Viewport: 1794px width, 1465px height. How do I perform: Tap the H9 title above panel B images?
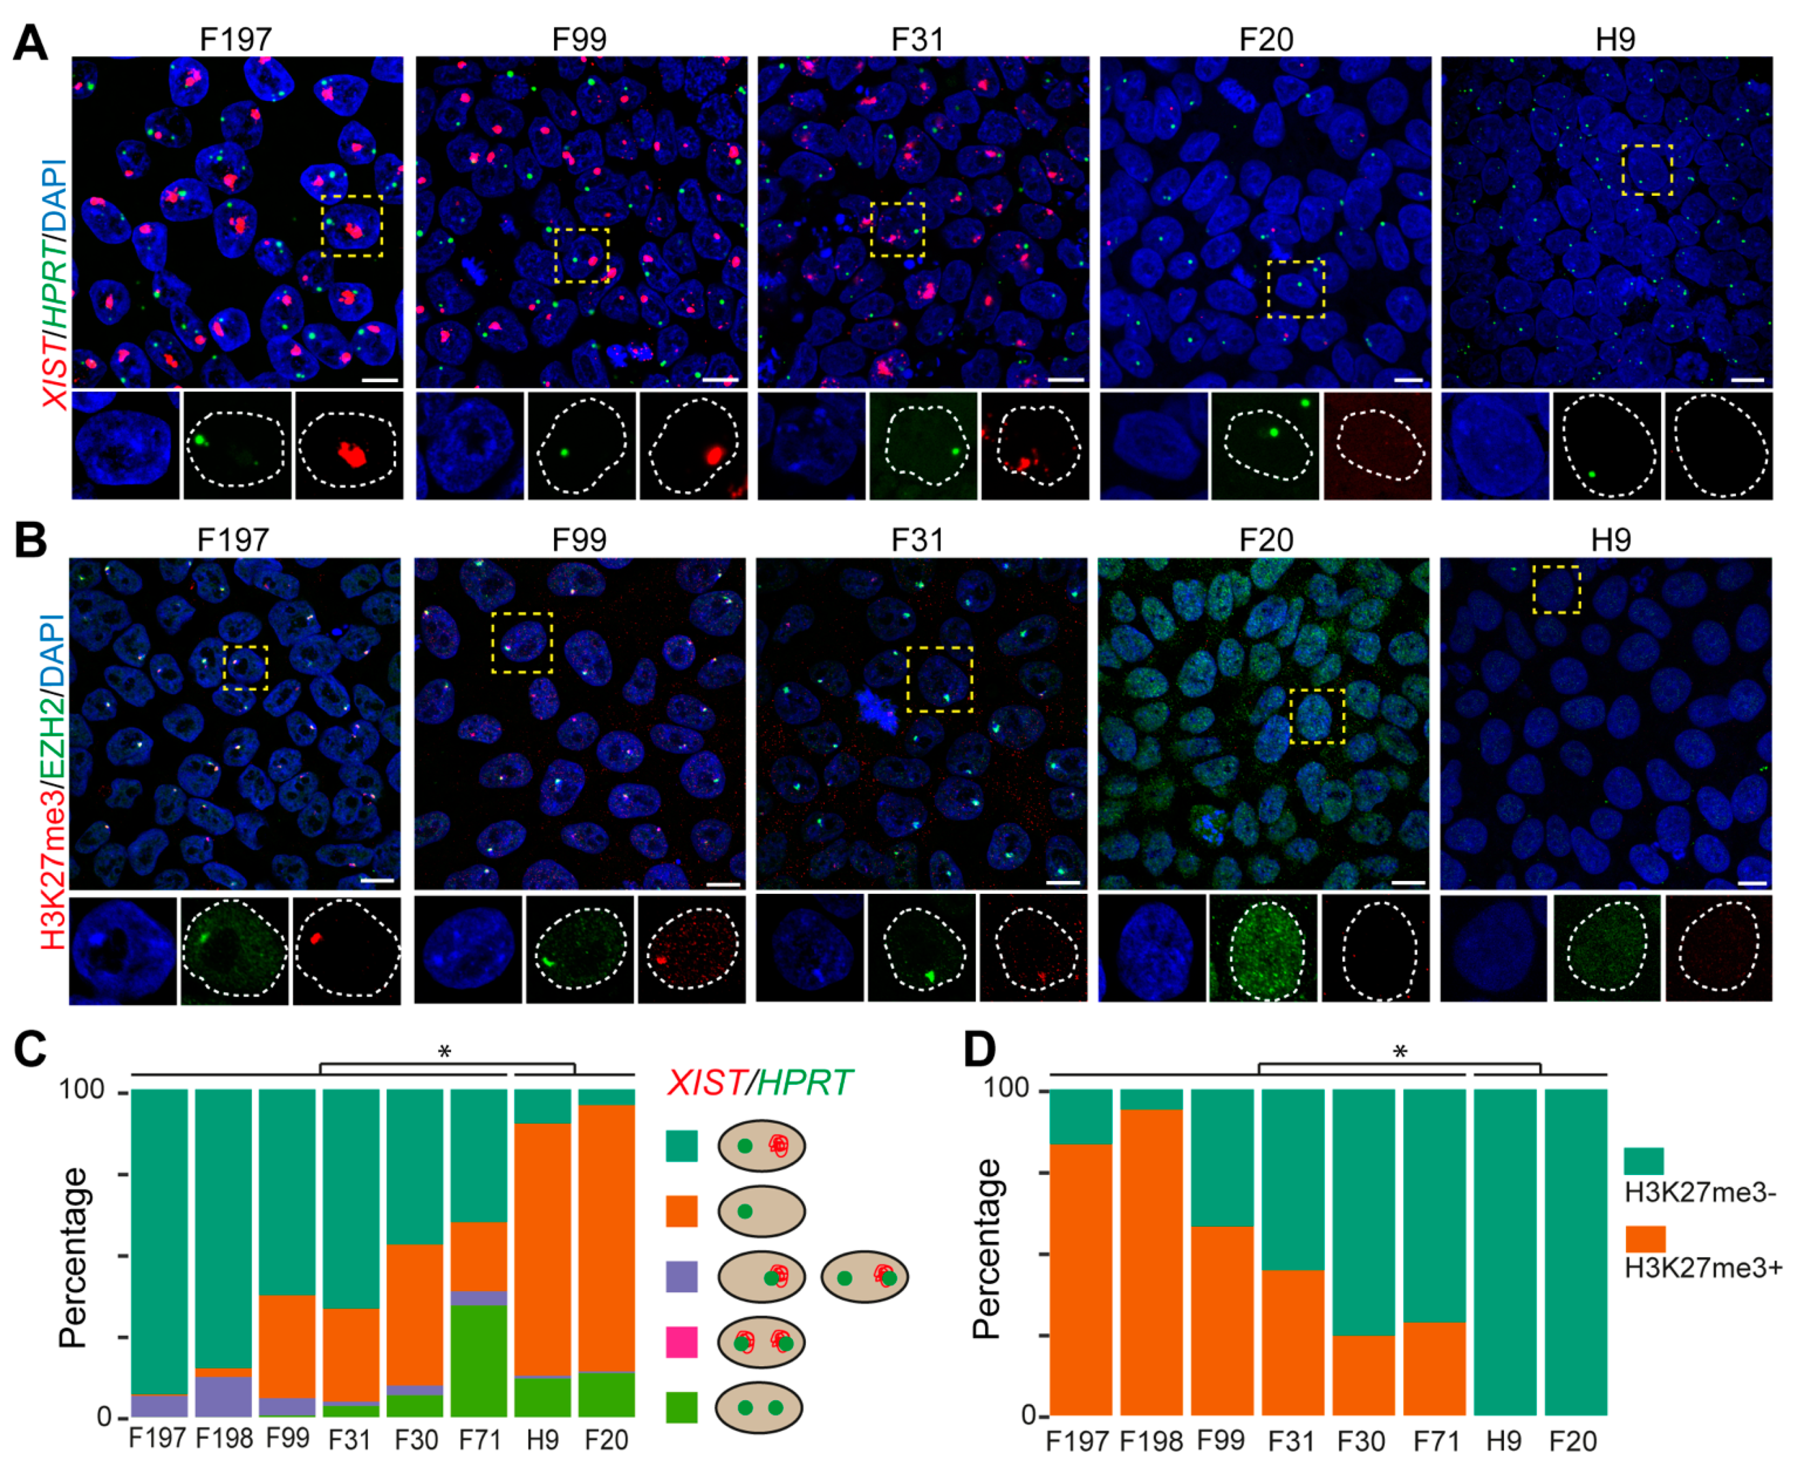pyautogui.click(x=1611, y=540)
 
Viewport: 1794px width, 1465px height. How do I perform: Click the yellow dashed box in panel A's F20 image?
pyautogui.click(x=1296, y=289)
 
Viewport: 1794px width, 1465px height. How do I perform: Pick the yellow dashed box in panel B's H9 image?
pyautogui.click(x=1556, y=589)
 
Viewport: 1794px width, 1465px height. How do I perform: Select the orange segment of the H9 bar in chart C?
pyautogui.click(x=543, y=1249)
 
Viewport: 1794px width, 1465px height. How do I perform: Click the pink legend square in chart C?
pyautogui.click(x=681, y=1342)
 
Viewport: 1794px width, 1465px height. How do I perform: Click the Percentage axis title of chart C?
pyautogui.click(x=74, y=1257)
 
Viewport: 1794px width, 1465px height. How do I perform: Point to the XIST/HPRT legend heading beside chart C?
pyautogui.click(x=760, y=1082)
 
